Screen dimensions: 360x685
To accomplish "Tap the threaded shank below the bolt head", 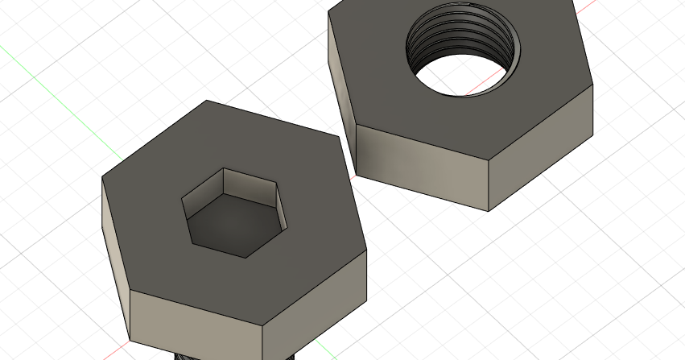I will [x=233, y=355].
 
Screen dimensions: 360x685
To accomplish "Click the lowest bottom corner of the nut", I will [x=489, y=212].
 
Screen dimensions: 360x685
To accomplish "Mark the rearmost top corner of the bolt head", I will [x=207, y=101].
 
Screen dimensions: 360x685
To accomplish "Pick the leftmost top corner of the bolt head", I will [x=102, y=176].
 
